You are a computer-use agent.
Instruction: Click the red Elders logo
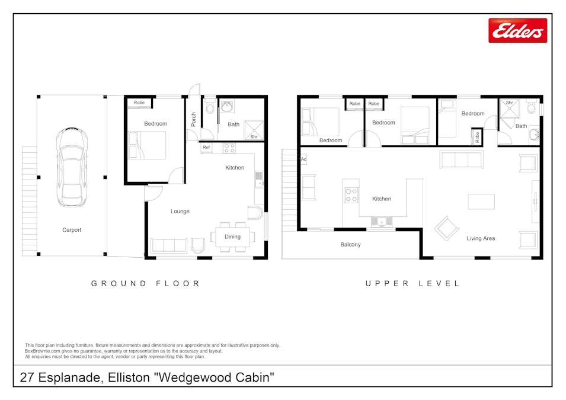coord(517,30)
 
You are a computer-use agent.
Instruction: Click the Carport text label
coord(72,230)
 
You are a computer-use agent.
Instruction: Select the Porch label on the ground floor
coord(193,119)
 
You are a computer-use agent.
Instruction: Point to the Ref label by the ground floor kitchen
coord(206,148)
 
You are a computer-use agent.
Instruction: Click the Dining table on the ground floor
coord(233,236)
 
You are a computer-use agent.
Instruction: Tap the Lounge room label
coord(180,211)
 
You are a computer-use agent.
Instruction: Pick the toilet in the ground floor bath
coord(210,107)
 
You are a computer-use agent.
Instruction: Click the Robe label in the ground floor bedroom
coord(139,103)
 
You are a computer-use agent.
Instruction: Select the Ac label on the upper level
coord(303,159)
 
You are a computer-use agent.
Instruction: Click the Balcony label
coord(350,244)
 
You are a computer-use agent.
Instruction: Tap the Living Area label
coord(481,238)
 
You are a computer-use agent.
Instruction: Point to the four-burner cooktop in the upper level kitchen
coord(351,195)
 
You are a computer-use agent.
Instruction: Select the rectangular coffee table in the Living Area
coord(481,201)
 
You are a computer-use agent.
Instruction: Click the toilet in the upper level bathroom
coord(531,107)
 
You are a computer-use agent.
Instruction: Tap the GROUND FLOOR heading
coord(145,284)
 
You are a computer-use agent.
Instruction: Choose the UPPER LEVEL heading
coord(412,284)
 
